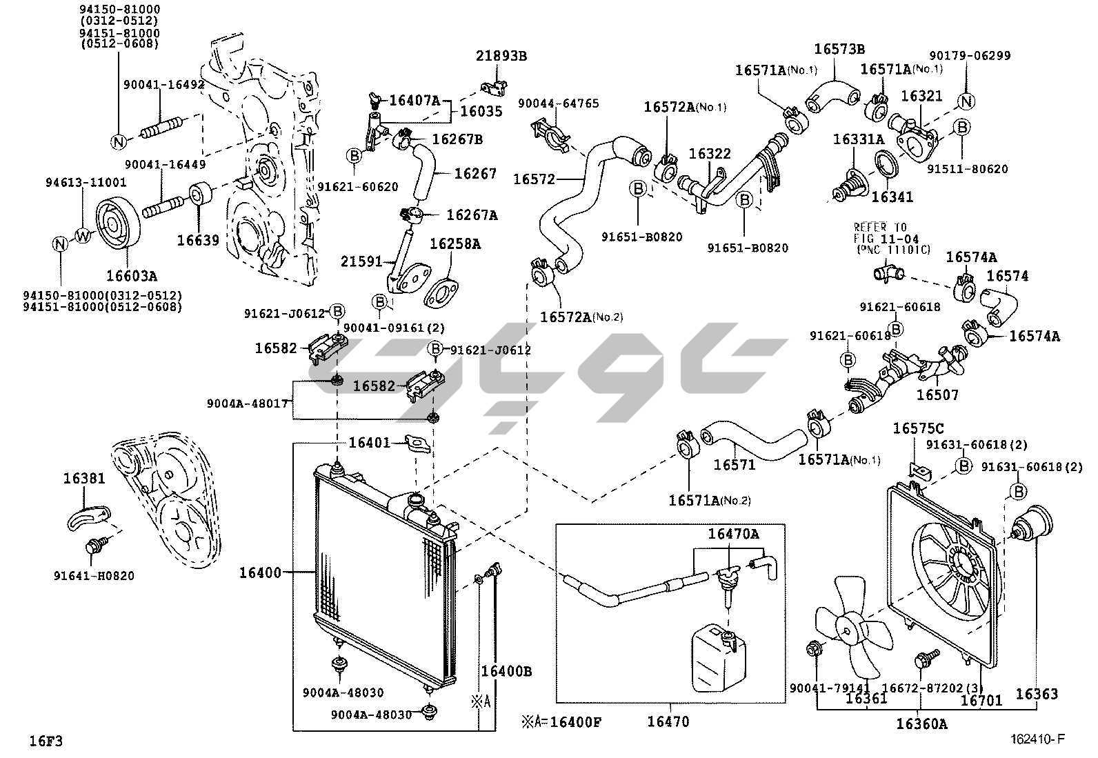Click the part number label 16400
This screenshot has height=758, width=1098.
261,572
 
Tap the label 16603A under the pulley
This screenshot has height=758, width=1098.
131,276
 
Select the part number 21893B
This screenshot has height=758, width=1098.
501,56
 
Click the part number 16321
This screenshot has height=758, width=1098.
921,96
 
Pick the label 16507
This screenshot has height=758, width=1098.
937,395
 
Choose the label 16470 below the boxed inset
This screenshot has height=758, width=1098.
668,722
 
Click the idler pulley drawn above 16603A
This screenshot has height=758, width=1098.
114,225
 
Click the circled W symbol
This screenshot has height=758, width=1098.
83,236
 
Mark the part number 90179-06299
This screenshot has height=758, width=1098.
970,55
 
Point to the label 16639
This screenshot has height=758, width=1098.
198,240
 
